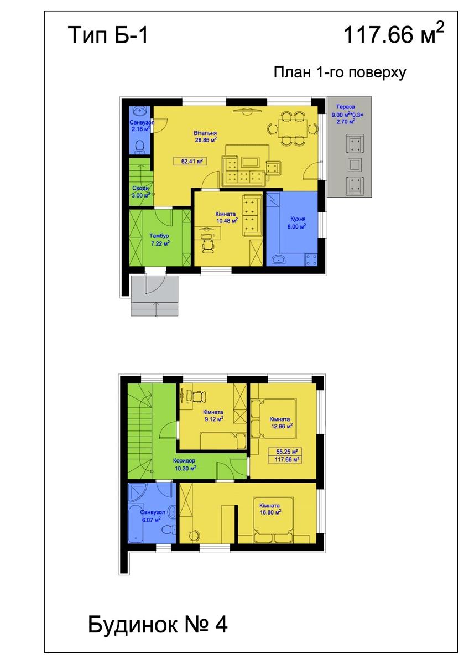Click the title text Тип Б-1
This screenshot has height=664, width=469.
[108, 35]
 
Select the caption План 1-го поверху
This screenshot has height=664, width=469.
[340, 72]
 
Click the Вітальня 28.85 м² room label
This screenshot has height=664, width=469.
[206, 136]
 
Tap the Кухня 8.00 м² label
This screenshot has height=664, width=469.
[298, 222]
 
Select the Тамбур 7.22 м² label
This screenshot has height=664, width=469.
[160, 240]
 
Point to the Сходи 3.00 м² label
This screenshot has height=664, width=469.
[140, 192]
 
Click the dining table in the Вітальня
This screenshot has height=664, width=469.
[292, 128]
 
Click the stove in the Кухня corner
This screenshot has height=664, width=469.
[311, 260]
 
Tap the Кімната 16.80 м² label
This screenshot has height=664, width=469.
[270, 509]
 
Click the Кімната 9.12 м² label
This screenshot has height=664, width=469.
[213, 416]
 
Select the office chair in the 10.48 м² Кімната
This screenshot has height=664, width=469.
[208, 244]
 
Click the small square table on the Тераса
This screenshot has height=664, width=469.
[355, 164]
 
